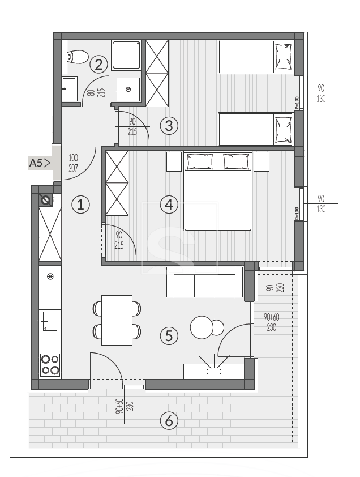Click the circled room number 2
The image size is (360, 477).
coord(99,65)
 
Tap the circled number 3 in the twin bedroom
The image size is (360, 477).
coord(169,125)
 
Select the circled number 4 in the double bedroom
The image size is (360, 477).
coord(169,204)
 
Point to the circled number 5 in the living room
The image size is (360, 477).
coord(169,335)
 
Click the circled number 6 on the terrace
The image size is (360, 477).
coord(169,421)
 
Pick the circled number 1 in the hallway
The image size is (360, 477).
coord(80,204)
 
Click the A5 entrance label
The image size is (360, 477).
coord(39,163)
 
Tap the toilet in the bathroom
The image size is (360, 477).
coord(77,57)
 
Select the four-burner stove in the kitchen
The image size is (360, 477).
coord(50,365)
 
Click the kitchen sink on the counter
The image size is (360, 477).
coord(50,321)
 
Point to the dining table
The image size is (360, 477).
coord(117,320)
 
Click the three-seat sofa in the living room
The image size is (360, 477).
coord(205,282)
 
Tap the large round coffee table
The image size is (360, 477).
coord(202,327)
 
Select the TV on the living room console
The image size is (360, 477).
coord(214,371)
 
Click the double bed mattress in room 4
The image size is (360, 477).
coord(218,200)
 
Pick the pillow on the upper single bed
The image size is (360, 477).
coord(284,57)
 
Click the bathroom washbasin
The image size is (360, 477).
coord(70,89)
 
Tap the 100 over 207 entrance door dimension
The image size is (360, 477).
coord(73,163)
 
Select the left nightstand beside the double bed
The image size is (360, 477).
coord(174,162)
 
